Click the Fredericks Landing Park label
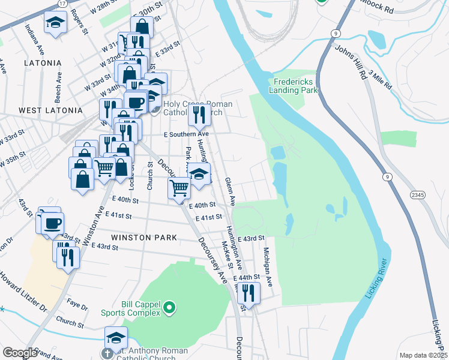point(295,86)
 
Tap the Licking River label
point(376,279)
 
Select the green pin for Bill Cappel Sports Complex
point(169,308)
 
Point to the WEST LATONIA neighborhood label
point(50,110)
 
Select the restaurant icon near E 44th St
point(248,292)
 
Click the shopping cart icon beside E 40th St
point(179,188)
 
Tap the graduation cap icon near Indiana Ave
point(55,23)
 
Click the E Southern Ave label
point(185,134)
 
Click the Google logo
point(20,353)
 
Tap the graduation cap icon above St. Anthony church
point(116,337)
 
